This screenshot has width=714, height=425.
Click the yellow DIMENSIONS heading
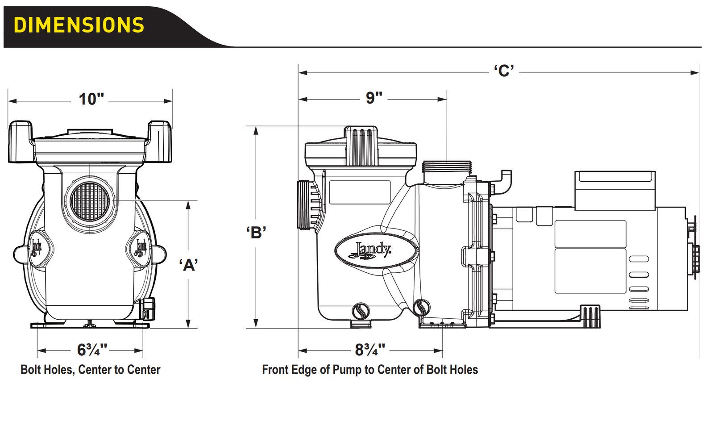coord(79,25)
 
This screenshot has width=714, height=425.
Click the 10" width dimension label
coord(91,99)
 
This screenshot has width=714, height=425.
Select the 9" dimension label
coord(374,98)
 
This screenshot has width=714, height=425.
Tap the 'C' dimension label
coord(504,71)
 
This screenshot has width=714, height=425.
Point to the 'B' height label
coord(256,232)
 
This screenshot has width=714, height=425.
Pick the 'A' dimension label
coord(189,265)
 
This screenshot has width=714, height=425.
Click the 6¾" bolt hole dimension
coord(92,350)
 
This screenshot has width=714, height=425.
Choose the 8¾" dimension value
coord(370,350)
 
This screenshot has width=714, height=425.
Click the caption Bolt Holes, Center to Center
coord(90,370)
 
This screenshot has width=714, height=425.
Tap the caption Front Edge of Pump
coord(369,370)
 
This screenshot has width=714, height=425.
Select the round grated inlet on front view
coord(90,202)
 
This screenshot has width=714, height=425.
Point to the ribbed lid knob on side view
coord(361,146)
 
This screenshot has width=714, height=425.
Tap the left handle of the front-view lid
coord(20,141)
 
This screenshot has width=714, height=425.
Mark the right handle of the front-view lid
coord(160,141)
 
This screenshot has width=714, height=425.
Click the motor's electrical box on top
coord(615,190)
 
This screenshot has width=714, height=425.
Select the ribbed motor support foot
coord(590,316)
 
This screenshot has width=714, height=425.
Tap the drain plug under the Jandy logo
coord(361,311)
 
